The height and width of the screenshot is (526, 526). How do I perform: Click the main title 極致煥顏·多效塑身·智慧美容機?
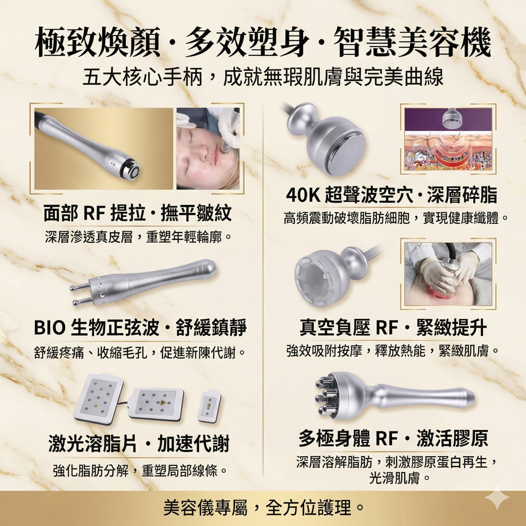(262, 43)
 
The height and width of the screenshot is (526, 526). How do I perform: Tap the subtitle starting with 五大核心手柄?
(263, 77)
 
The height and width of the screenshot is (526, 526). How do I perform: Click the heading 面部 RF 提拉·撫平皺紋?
(138, 213)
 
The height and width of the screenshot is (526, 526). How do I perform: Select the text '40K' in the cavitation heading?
(303, 195)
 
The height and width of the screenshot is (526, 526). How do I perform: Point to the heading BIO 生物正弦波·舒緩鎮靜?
(140, 327)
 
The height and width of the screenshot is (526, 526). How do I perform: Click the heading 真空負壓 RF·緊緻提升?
(393, 327)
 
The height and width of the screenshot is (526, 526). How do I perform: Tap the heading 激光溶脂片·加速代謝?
(139, 443)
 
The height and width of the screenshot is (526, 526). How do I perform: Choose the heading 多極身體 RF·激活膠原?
(393, 438)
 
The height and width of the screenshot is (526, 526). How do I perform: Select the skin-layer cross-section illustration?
(448, 151)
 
